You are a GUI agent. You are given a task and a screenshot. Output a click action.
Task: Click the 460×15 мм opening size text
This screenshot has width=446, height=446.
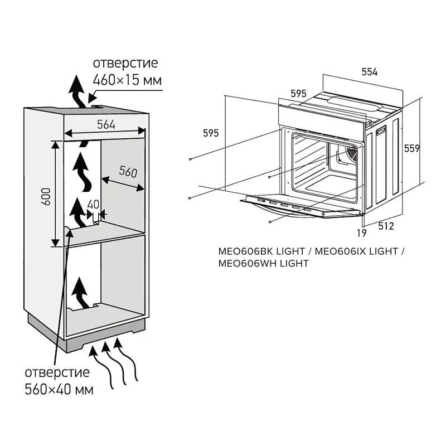pyautogui.click(x=127, y=80)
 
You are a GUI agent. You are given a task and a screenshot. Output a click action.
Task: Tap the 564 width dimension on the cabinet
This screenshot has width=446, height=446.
pyautogui.click(x=106, y=125)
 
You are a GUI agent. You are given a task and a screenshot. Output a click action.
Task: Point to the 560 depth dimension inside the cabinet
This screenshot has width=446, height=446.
pyautogui.click(x=128, y=172)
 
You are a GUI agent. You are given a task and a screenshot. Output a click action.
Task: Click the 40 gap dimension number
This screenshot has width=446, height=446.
pyautogui.click(x=94, y=204)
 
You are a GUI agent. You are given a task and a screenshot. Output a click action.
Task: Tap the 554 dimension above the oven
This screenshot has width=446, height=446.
pyautogui.click(x=370, y=72)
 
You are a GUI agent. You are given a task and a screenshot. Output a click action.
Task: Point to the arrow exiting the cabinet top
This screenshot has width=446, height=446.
pyautogui.click(x=77, y=92)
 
